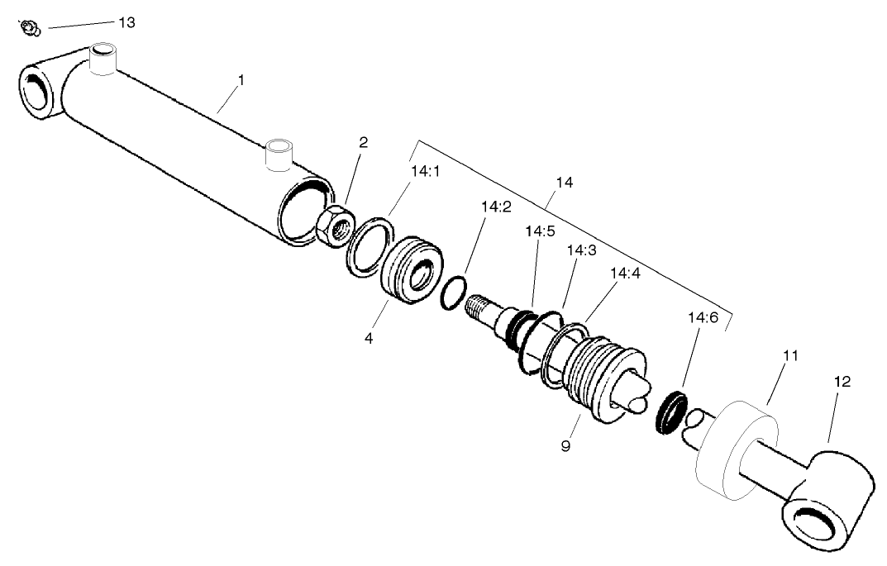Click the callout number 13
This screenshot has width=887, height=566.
(x=126, y=22)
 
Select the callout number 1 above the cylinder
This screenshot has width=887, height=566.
(x=241, y=80)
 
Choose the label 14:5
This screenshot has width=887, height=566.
(x=540, y=231)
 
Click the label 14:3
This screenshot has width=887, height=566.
(x=581, y=250)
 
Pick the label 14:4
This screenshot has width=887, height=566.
(x=625, y=273)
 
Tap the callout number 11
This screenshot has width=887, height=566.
(x=791, y=355)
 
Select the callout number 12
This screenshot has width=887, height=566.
(x=842, y=382)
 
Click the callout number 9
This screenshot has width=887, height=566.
(x=565, y=447)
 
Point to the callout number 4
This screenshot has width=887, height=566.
(x=369, y=339)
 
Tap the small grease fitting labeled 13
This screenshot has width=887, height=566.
(x=31, y=28)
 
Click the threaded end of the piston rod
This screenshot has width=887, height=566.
(x=480, y=307)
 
